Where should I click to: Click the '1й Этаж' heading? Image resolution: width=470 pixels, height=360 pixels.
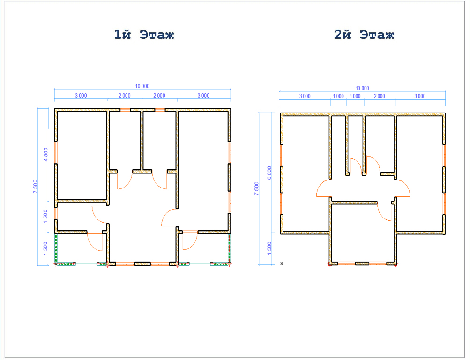point(144,35)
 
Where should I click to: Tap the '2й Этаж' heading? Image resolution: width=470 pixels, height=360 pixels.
point(364,35)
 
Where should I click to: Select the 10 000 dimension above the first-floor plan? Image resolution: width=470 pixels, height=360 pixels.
point(142,86)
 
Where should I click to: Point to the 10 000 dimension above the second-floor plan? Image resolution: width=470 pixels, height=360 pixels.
point(362,88)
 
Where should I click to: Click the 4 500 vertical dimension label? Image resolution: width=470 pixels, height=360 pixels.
point(45,154)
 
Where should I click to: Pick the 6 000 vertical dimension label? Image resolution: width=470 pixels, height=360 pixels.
point(269,173)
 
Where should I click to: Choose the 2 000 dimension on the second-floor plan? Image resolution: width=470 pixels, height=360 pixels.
point(379,96)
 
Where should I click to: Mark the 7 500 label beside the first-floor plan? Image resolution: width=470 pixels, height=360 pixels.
point(35,186)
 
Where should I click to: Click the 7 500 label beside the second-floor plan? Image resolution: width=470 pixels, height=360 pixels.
point(256,188)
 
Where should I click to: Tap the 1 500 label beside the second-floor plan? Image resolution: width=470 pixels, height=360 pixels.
point(269,248)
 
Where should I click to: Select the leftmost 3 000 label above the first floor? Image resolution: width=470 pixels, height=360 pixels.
point(81,95)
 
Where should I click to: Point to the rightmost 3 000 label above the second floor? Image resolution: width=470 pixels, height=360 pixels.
point(420,96)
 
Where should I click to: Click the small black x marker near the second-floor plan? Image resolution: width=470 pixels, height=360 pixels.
point(282,263)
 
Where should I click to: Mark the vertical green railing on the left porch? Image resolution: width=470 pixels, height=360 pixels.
point(56,248)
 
